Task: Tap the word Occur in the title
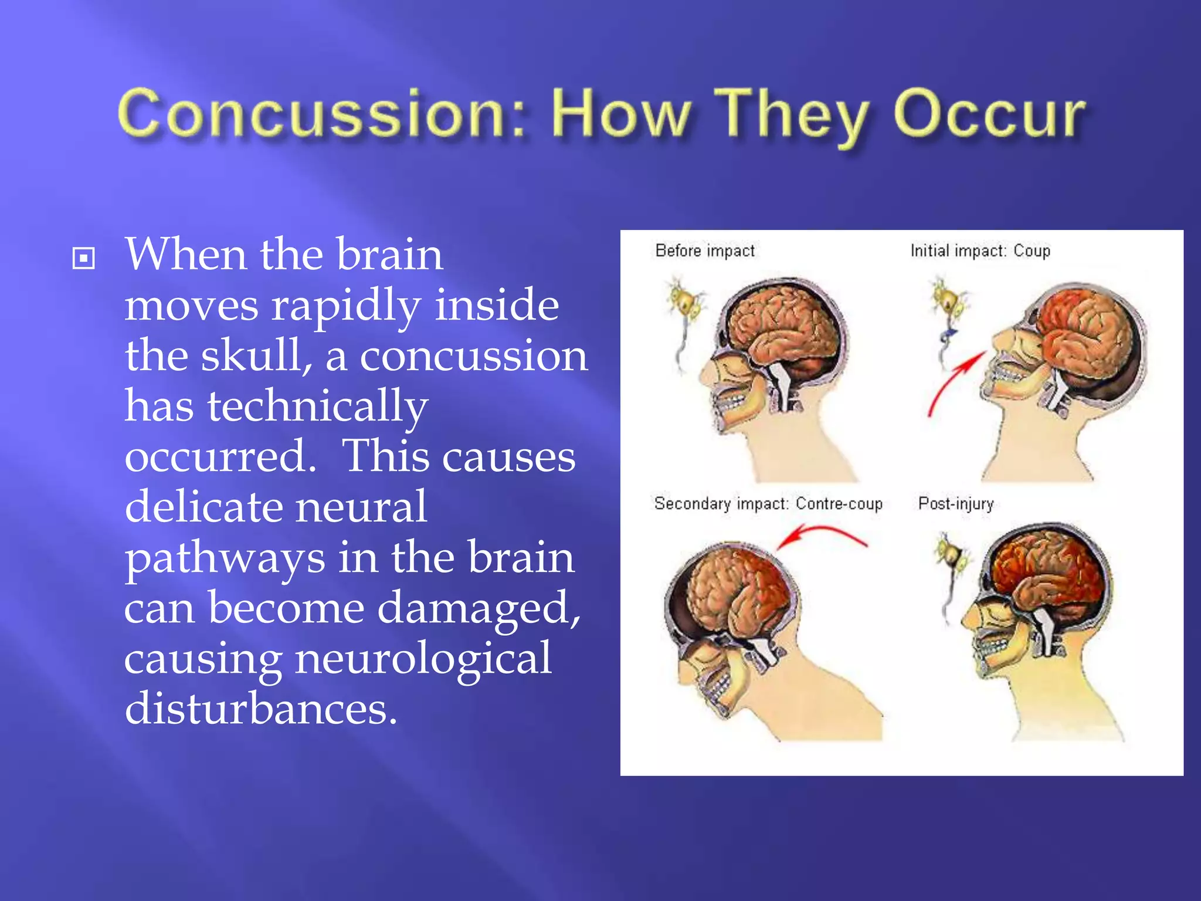click(x=988, y=114)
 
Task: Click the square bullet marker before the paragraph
click(x=83, y=258)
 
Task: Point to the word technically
click(x=317, y=407)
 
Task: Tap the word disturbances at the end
click(x=261, y=709)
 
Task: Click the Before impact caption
click(x=705, y=251)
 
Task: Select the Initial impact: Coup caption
click(x=980, y=251)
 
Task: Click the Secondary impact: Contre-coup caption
click(x=768, y=504)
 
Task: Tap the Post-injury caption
click(x=956, y=504)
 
